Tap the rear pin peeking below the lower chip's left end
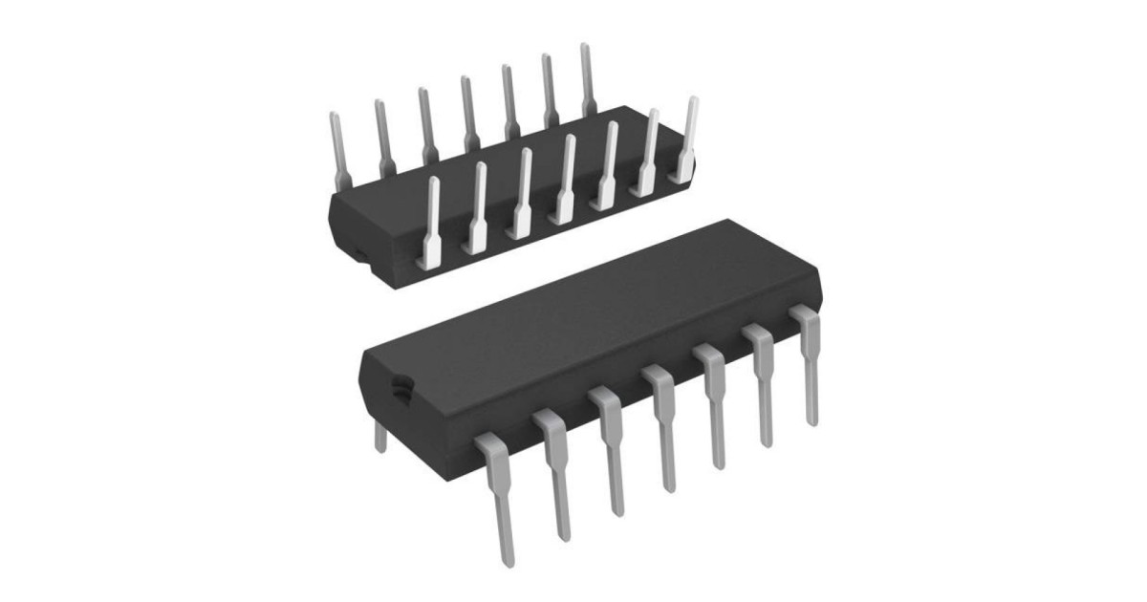click(380, 438)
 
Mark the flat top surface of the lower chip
click(583, 306)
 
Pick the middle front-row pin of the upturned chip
click(566, 177)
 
